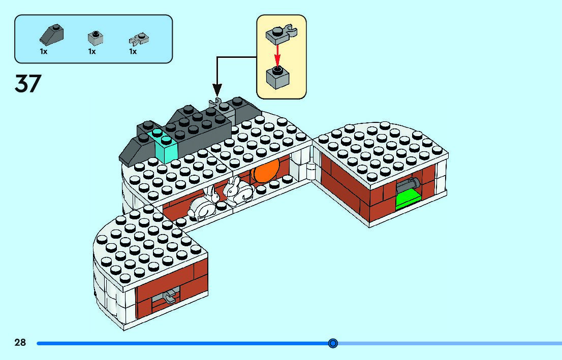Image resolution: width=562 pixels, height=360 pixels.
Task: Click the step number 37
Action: point(27,84)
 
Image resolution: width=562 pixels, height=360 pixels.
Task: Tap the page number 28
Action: point(20,343)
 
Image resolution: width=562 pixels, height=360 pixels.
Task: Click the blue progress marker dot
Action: point(333,343)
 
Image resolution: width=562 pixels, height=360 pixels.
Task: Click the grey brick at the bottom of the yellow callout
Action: point(277,77)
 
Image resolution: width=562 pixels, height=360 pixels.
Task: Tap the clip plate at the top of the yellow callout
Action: point(280,33)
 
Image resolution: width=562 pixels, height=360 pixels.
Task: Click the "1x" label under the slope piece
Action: point(44,51)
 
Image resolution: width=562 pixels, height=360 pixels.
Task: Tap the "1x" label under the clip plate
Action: point(133,51)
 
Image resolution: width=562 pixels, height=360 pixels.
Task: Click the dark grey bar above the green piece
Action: point(410,184)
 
